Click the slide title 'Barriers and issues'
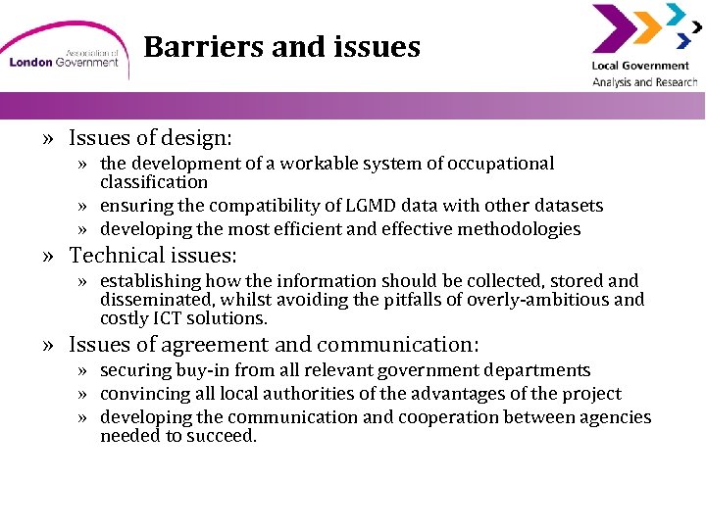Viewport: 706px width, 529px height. pos(281,47)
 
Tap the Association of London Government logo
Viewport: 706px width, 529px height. pos(63,55)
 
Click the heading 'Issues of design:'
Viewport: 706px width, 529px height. pos(149,138)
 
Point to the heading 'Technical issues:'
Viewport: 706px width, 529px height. pos(153,256)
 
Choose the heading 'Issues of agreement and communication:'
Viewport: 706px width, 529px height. pos(274,344)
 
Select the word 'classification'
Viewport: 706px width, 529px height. pos(154,182)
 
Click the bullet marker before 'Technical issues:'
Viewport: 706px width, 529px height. pos(48,257)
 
